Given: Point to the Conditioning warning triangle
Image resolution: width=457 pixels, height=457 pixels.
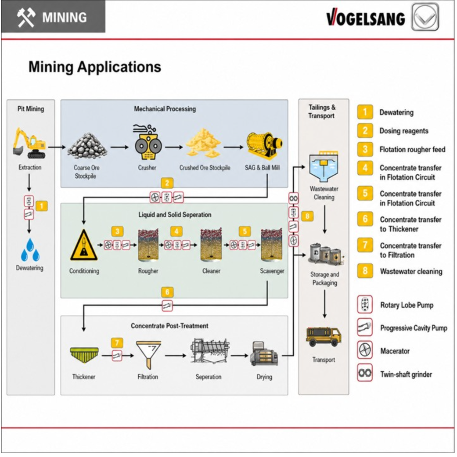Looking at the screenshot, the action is (x=84, y=245).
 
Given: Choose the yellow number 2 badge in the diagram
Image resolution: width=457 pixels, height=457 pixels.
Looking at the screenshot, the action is (x=167, y=184).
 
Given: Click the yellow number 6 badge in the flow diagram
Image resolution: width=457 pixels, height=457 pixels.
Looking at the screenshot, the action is (x=167, y=292).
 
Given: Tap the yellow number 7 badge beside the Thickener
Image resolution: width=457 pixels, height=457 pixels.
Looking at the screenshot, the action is (x=117, y=343).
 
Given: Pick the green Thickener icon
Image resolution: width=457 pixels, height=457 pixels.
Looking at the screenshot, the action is (x=84, y=355).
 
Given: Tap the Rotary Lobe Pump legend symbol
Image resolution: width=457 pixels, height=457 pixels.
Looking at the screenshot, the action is (x=365, y=305).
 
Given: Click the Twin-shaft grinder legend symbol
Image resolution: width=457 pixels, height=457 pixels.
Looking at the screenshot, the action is (x=365, y=373).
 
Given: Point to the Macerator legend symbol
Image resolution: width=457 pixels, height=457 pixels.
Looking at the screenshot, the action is (x=365, y=350).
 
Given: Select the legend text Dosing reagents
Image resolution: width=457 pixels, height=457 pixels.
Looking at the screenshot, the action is (x=404, y=131).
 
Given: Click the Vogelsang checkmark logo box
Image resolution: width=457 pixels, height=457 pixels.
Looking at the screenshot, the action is (x=425, y=17).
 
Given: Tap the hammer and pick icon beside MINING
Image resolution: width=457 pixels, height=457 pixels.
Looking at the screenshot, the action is (x=26, y=18).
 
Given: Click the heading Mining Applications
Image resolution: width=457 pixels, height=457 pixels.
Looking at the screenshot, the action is (x=95, y=67).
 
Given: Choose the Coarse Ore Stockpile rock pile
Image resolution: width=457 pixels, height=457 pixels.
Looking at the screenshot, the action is (x=87, y=145).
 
